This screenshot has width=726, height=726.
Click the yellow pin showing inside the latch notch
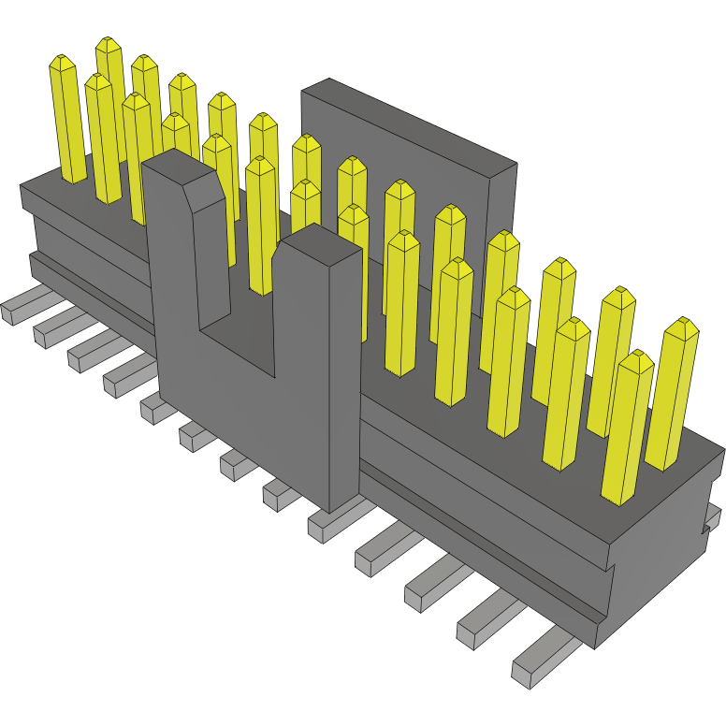tap(260, 225)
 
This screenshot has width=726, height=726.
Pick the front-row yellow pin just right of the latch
tap(402, 299)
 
